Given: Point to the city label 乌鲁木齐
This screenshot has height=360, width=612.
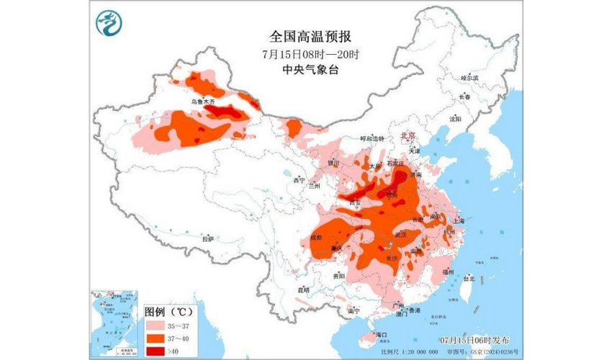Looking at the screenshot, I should coord(203,102).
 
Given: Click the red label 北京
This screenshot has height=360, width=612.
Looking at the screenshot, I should coord(408,134).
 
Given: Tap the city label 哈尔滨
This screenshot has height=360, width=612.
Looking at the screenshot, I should coord(469,77).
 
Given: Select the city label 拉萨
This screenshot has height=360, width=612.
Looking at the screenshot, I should coord(208,238).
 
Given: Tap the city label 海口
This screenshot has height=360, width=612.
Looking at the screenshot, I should coord(381,335).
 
